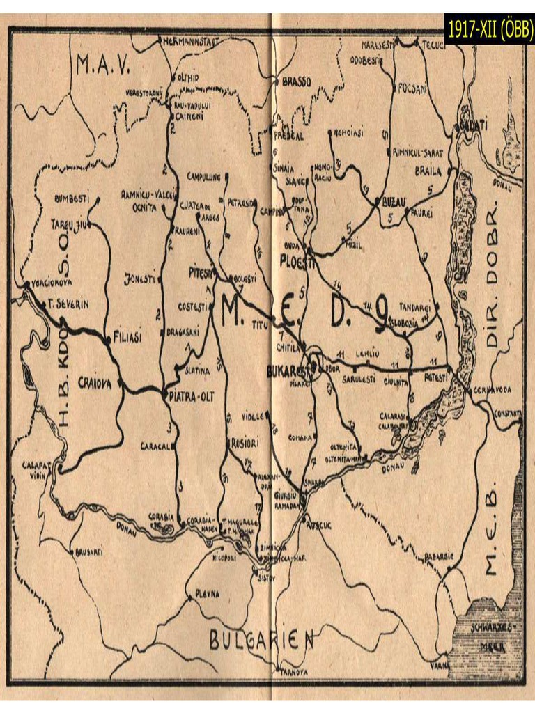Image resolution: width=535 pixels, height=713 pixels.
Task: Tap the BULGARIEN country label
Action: [263, 639]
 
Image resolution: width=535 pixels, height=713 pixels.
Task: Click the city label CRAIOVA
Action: [96, 383]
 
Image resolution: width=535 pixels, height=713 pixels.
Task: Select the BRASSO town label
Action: [300, 81]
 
